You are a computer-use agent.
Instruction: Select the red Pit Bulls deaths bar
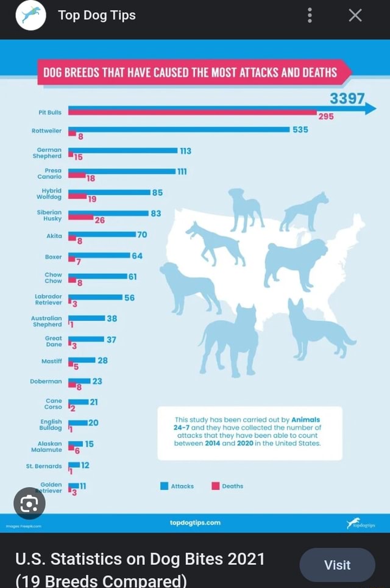(192, 113)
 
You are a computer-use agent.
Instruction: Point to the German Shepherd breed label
(49, 152)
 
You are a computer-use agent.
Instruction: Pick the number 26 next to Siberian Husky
(99, 221)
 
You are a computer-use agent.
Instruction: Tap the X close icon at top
(355, 16)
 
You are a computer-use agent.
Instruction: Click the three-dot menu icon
(310, 16)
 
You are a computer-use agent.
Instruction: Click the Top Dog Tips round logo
(30, 16)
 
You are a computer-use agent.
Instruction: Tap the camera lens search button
(29, 503)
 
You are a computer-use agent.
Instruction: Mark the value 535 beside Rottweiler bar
(300, 129)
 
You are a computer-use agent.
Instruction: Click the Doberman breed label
(46, 381)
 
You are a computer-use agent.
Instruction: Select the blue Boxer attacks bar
(99, 255)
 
